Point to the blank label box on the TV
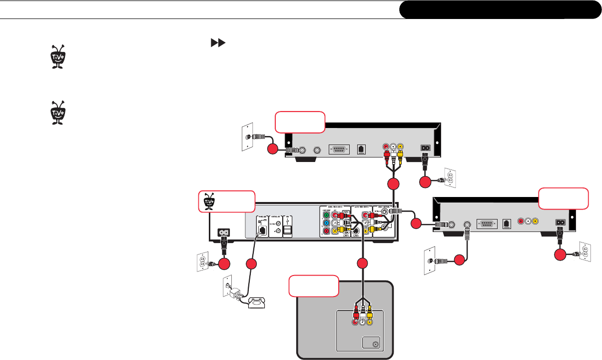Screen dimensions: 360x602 (314, 287)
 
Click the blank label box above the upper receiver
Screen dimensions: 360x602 (300, 121)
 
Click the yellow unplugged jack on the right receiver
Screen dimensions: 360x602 (535, 220)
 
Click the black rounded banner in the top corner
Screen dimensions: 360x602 (500, 9)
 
